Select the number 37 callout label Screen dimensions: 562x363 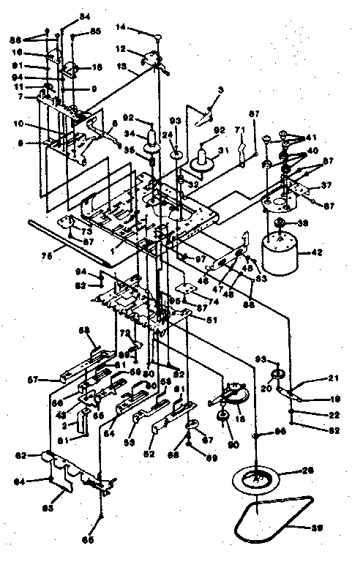pos(326,184)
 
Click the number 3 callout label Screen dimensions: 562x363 pos(200,89)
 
